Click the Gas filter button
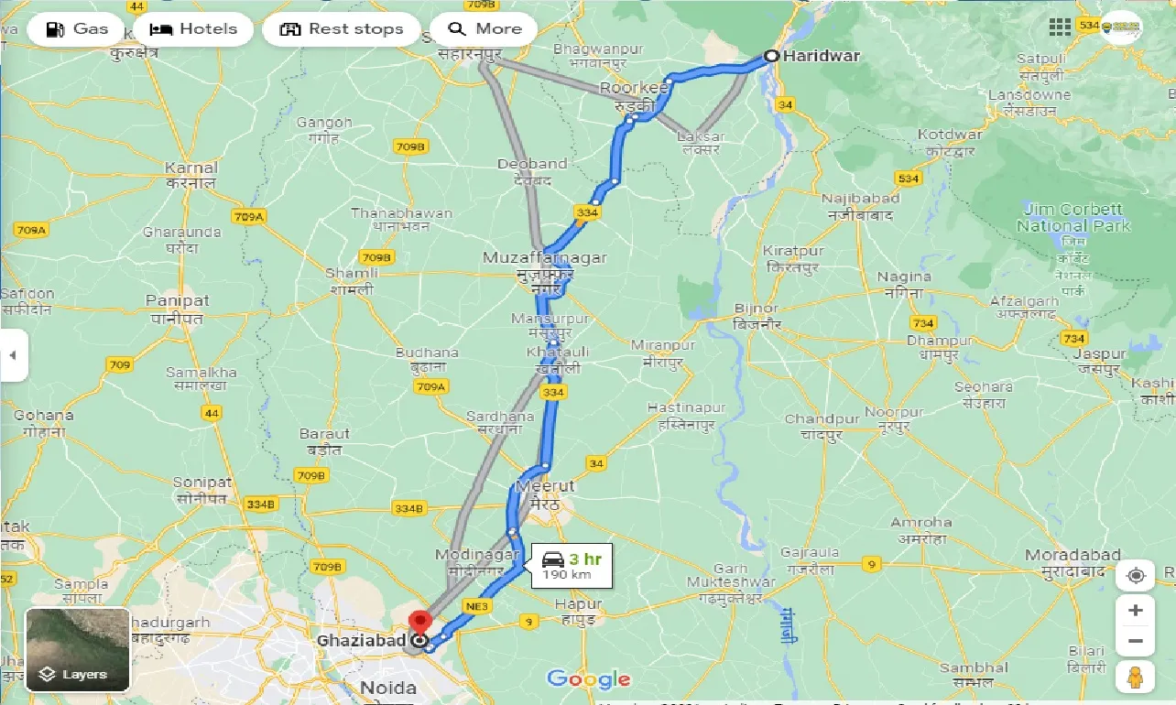(x=76, y=29)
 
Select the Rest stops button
(x=342, y=29)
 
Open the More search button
(x=485, y=29)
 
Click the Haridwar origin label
(x=822, y=56)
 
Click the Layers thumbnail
(x=78, y=649)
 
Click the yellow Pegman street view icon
(x=1136, y=678)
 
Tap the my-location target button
(x=1136, y=575)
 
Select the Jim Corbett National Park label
(x=1073, y=218)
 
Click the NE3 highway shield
(x=478, y=606)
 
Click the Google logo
(x=588, y=678)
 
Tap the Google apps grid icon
(x=1060, y=27)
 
